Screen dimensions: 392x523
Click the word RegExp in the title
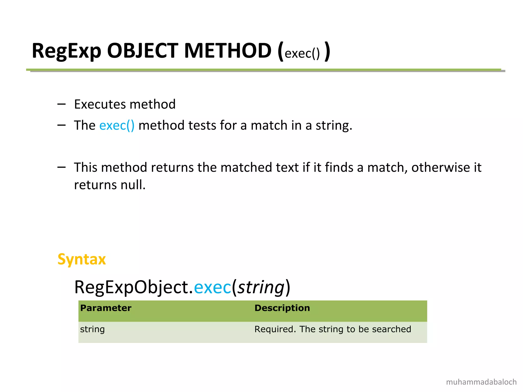pos(66,51)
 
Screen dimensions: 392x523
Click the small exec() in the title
pos(302,54)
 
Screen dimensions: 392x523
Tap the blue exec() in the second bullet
pos(117,125)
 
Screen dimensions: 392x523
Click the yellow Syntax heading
pos(82,259)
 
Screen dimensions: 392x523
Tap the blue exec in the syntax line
pos(212,287)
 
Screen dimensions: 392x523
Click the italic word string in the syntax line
pos(261,287)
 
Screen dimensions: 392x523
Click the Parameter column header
pos(106,308)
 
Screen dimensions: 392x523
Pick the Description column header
pos(282,308)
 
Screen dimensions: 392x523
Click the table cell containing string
pos(92,329)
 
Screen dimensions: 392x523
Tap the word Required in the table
pos(275,329)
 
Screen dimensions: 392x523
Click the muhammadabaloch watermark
pos(481,382)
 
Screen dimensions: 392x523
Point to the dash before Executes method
pos(62,104)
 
